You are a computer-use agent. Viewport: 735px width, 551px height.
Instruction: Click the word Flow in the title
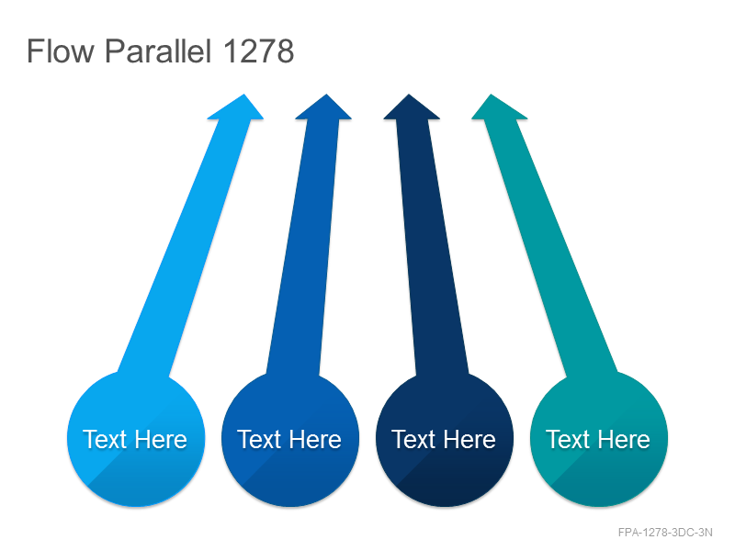61,51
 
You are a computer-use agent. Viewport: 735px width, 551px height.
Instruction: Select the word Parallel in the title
158,51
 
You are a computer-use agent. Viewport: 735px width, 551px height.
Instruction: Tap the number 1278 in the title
258,51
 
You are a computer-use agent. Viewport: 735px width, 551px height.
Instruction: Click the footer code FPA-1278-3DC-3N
665,533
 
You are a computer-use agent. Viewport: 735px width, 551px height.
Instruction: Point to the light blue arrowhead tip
243,95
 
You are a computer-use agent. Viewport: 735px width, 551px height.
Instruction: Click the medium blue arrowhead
324,107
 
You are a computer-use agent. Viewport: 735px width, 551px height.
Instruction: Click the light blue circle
136,439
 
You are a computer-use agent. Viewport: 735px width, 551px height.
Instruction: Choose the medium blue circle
290,439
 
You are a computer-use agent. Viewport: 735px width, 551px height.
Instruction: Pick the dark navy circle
445,439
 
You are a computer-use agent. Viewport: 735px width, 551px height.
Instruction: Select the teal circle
599,439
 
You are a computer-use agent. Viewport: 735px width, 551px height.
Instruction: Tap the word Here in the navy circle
469,440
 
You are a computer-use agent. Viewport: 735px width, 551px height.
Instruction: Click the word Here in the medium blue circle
315,440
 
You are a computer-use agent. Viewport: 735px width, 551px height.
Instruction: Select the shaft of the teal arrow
550,247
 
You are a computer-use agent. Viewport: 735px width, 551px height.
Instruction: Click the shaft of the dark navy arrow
432,247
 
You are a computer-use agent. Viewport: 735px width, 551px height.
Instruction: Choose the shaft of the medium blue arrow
303,247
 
